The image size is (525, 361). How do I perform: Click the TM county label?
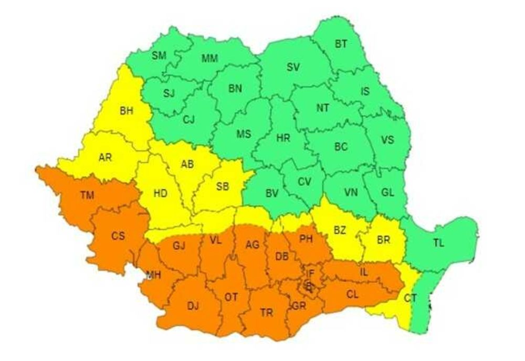tap(87, 196)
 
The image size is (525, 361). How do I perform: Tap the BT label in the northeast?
tap(341, 44)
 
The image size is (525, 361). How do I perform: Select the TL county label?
tap(438, 243)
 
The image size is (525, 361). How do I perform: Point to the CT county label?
tap(411, 299)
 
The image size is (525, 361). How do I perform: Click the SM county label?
tap(159, 56)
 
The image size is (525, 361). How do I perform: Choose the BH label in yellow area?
tap(127, 111)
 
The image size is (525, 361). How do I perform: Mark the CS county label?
tap(118, 236)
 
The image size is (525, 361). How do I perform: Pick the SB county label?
tap(223, 186)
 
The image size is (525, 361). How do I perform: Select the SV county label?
tap(293, 67)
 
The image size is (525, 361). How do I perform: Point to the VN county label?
tap(350, 192)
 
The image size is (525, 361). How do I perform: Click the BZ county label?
tap(340, 229)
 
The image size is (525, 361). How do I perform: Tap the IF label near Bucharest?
tap(310, 272)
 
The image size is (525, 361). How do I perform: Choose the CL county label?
tap(352, 295)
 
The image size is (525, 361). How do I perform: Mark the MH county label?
tap(154, 274)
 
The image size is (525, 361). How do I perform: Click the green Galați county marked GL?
tap(387, 192)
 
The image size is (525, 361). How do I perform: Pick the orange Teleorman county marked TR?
tap(266, 313)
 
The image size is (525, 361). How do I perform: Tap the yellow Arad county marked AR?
tap(106, 157)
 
